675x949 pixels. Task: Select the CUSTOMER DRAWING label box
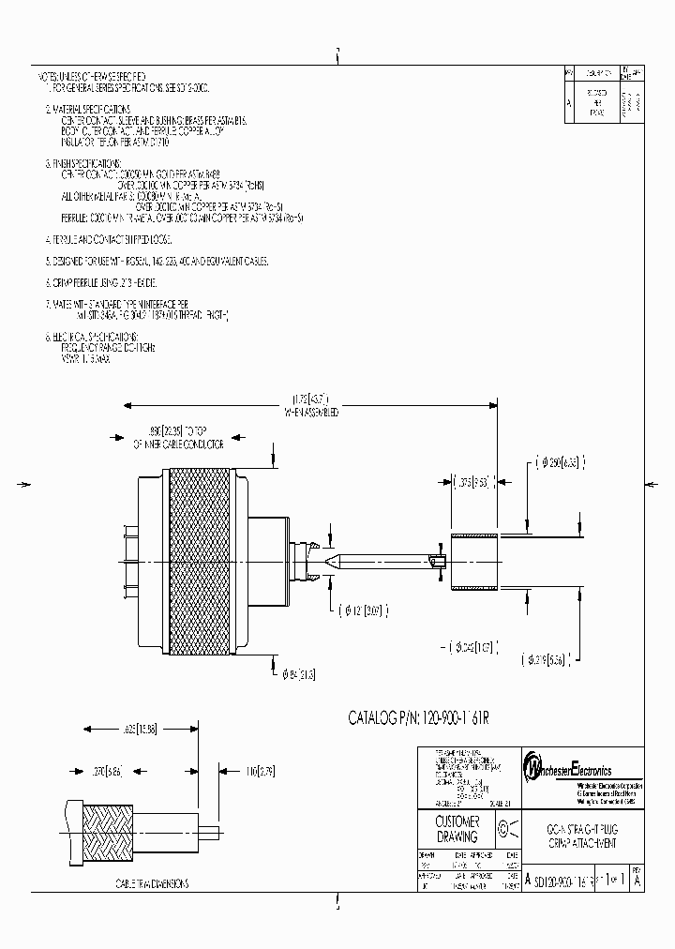coord(457,829)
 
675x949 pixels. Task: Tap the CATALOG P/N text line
coord(419,717)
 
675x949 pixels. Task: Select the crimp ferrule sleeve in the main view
coord(474,562)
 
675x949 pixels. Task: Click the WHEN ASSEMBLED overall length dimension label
coord(310,412)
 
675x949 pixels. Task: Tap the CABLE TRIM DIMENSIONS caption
coord(151,883)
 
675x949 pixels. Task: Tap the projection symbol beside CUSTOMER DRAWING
coord(502,828)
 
